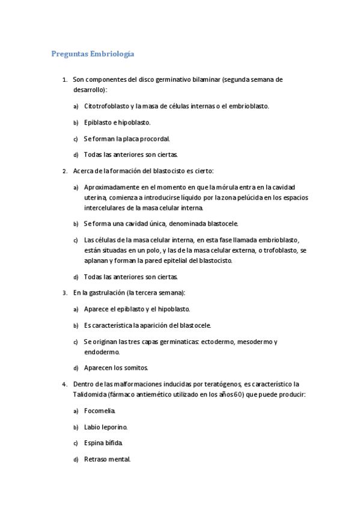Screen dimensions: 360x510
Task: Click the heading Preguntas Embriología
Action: click(x=92, y=54)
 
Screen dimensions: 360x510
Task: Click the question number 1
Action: click(x=64, y=79)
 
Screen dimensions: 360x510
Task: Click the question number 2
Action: click(x=64, y=171)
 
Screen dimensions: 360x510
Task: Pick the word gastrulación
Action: click(x=100, y=293)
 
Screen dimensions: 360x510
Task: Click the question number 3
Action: click(x=64, y=293)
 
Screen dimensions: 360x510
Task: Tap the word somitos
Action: click(x=134, y=368)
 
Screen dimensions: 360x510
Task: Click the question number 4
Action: click(x=64, y=384)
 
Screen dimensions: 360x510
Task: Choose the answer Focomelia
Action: click(x=100, y=411)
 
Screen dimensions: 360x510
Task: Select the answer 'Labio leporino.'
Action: click(x=106, y=427)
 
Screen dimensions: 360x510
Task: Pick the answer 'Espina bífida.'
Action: click(x=103, y=443)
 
